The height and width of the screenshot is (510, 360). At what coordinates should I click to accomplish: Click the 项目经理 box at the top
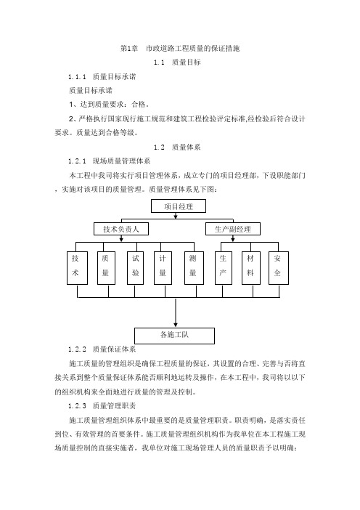tap(179, 206)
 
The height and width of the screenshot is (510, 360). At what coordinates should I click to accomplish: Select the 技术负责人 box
tap(121, 229)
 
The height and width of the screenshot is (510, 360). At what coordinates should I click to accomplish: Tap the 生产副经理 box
tap(233, 229)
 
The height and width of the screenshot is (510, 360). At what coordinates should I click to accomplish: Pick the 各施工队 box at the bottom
tap(174, 336)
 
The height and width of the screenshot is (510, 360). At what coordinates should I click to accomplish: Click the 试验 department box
tap(136, 268)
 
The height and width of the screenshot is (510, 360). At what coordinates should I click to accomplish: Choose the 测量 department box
tap(194, 268)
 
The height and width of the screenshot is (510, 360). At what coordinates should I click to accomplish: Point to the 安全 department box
tap(279, 268)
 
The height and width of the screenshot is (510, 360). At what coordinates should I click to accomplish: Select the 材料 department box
tap(251, 268)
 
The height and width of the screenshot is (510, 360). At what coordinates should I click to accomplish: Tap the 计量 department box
tap(163, 268)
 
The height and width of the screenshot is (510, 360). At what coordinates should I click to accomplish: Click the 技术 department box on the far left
tap(78, 268)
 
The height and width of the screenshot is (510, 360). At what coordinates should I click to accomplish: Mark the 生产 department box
tap(224, 268)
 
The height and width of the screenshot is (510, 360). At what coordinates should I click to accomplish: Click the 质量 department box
tap(106, 268)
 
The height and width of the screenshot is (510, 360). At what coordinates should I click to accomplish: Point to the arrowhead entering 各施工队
tap(176, 325)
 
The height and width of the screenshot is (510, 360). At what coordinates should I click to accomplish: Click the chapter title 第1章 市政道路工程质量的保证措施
tap(180, 49)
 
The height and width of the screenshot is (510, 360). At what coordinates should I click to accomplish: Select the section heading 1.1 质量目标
tap(177, 62)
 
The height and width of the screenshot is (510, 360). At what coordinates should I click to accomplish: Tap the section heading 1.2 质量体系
tap(177, 147)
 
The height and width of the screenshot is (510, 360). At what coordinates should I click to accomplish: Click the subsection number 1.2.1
tap(78, 161)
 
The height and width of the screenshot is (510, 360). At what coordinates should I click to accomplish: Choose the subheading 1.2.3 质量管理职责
tap(102, 406)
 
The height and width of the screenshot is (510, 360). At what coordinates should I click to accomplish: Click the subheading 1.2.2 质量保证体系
tap(102, 349)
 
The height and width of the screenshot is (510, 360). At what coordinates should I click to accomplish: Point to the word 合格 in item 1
tap(139, 105)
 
